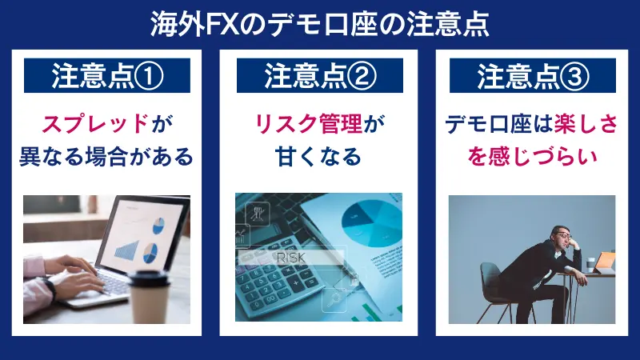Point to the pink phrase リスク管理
pos(309,124)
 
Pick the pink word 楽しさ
pos(574,124)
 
